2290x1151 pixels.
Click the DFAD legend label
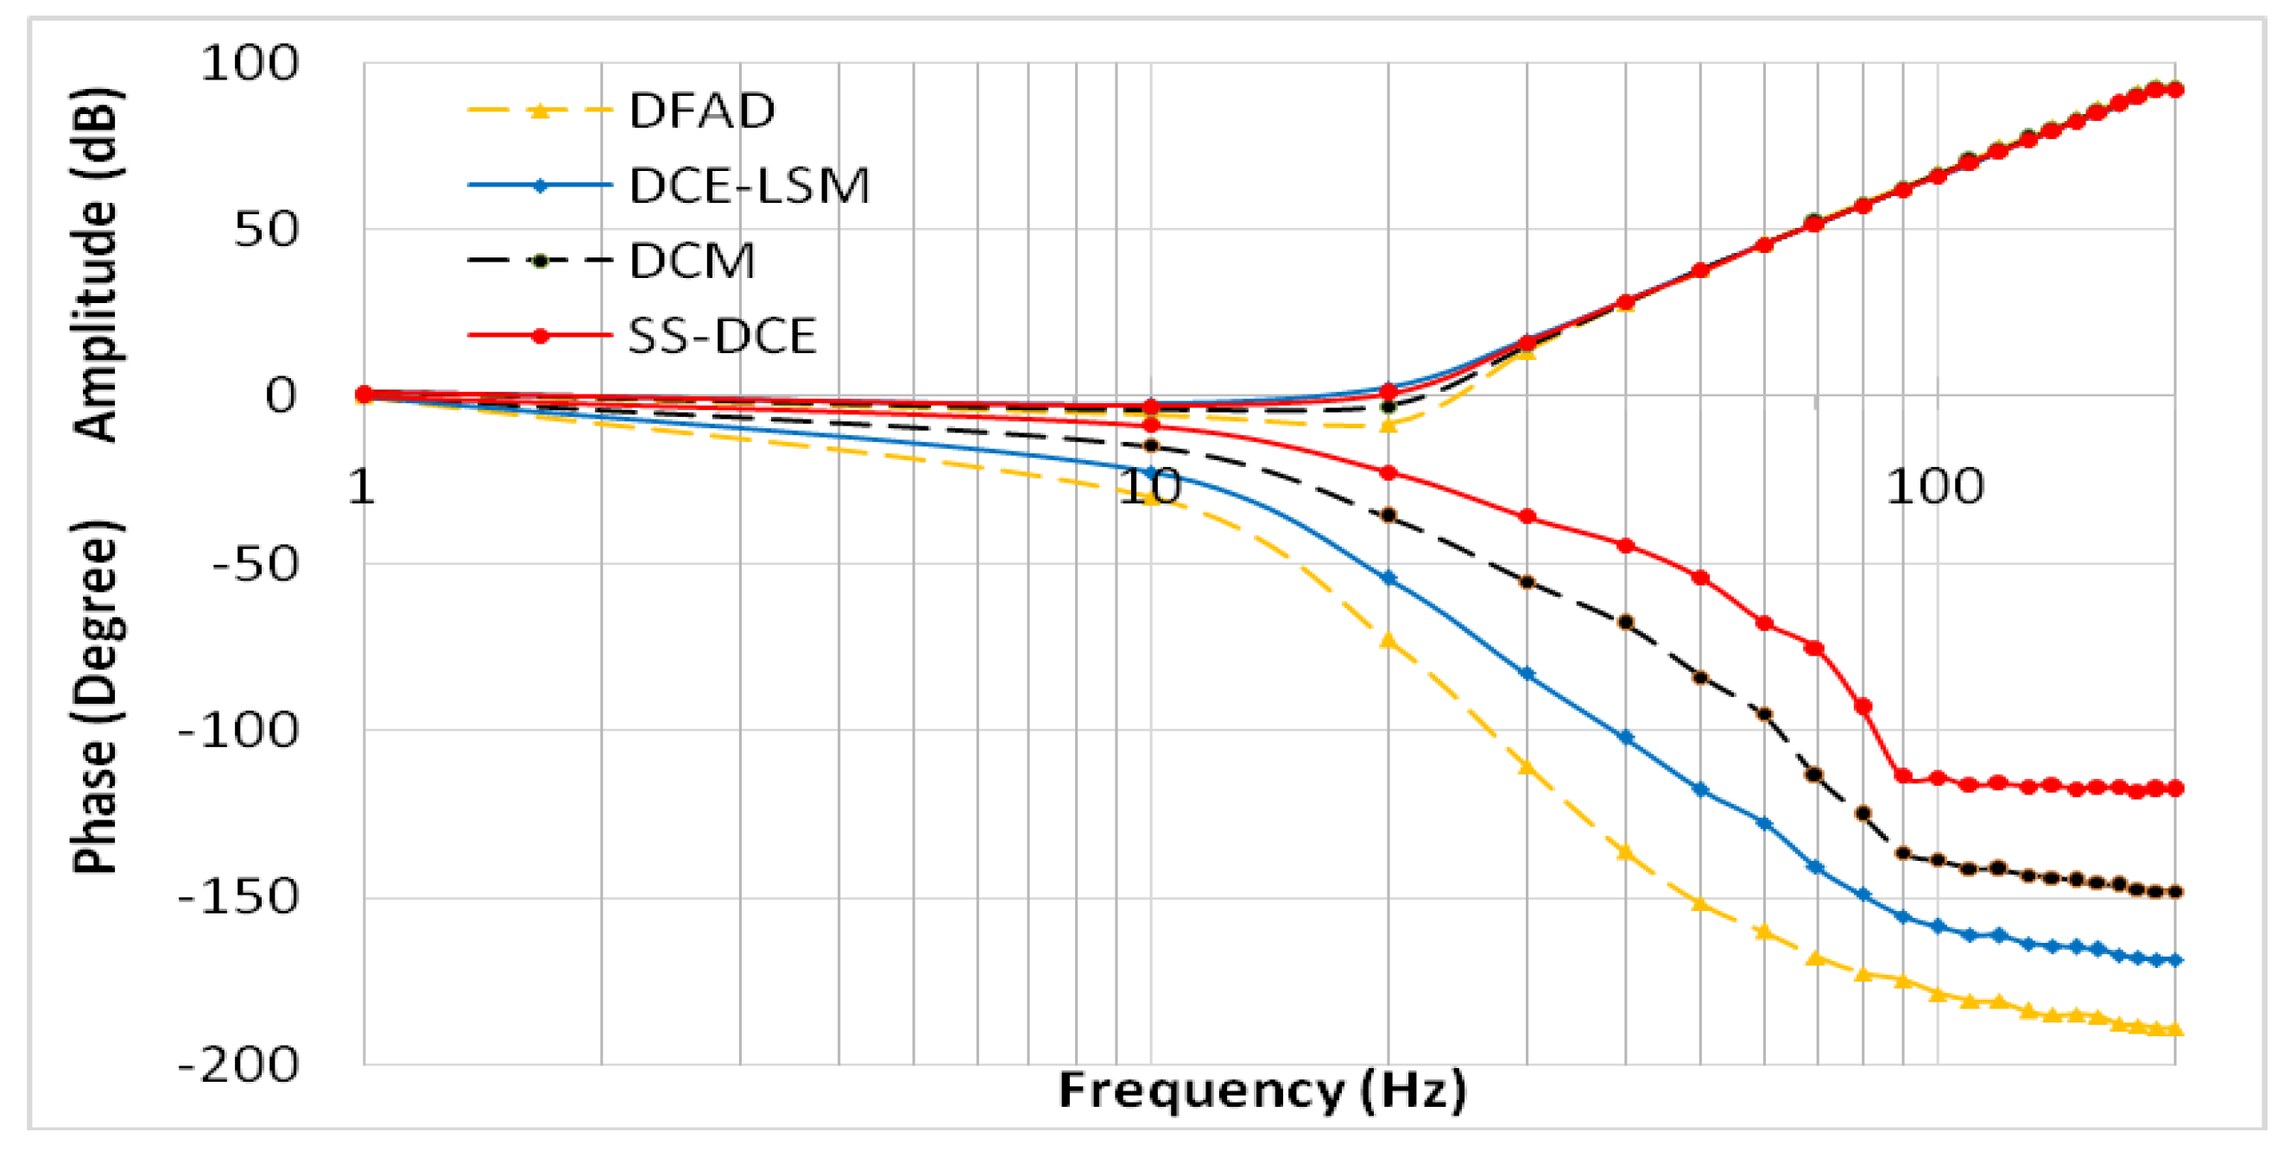[701, 111]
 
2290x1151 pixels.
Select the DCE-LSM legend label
[749, 186]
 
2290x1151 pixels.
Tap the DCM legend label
[692, 262]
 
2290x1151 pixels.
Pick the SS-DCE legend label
[721, 336]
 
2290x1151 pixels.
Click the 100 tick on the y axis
[250, 64]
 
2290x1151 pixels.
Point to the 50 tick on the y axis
[265, 231]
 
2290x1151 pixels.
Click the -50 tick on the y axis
[254, 564]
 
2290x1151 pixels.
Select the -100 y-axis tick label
[238, 730]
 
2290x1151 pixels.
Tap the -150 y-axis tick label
[238, 897]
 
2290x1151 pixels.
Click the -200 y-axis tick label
[238, 1064]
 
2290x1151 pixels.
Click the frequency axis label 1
[361, 486]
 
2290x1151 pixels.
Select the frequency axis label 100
[1935, 486]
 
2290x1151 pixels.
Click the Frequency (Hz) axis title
[1262, 1091]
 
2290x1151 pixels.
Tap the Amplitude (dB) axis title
[96, 264]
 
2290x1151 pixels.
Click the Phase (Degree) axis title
[96, 698]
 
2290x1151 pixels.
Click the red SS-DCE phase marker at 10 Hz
[1151, 426]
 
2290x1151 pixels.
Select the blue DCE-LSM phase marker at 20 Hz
[1388, 579]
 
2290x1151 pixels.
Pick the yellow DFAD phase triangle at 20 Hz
[1388, 641]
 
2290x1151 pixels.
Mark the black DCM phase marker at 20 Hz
[1388, 515]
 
